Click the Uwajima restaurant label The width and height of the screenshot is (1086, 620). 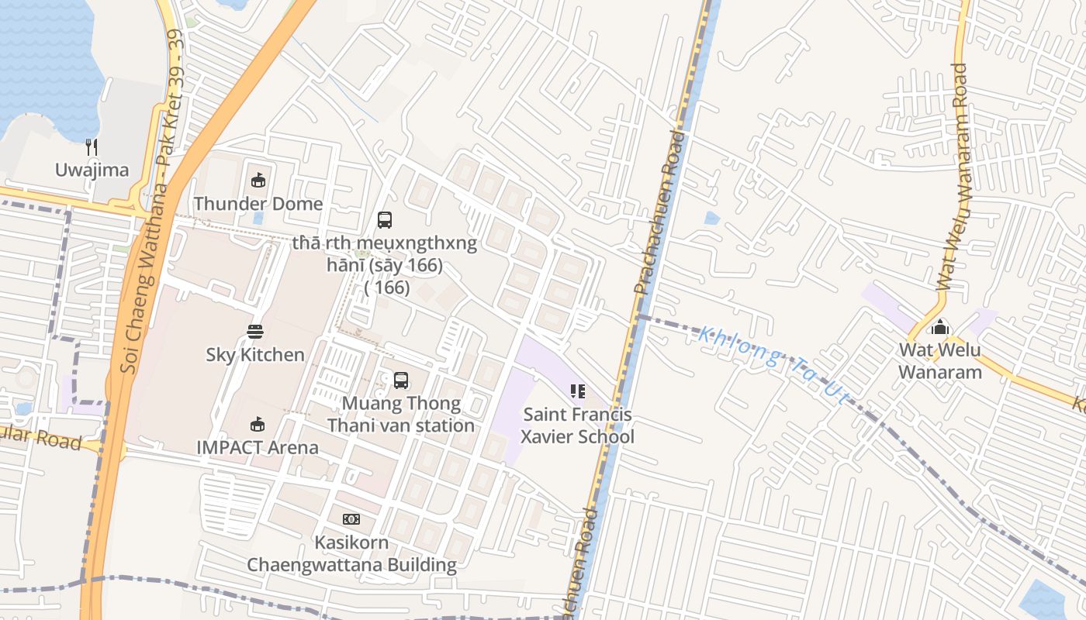click(92, 170)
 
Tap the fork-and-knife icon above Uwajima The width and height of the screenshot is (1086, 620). click(92, 147)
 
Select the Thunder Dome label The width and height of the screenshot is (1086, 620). click(258, 204)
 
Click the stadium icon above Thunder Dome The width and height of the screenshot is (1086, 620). click(258, 181)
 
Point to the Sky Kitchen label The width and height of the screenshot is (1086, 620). click(255, 355)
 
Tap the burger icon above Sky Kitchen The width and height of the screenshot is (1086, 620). click(255, 332)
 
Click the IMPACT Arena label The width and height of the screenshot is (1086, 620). click(258, 447)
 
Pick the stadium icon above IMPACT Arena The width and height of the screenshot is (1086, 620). click(258, 424)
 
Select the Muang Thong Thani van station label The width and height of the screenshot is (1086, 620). click(400, 415)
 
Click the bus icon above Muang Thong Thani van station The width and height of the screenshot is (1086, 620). click(400, 381)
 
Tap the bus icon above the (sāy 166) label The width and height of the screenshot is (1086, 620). click(385, 220)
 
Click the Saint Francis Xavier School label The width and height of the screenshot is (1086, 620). click(577, 425)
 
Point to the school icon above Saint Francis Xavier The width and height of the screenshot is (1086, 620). click(577, 391)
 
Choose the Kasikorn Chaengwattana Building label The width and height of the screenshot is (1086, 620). click(351, 553)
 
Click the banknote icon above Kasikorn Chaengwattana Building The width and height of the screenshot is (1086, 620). click(351, 519)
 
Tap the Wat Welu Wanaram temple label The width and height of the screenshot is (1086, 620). click(940, 361)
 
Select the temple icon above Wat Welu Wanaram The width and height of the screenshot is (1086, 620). click(940, 328)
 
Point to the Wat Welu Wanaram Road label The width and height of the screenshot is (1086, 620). click(953, 177)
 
